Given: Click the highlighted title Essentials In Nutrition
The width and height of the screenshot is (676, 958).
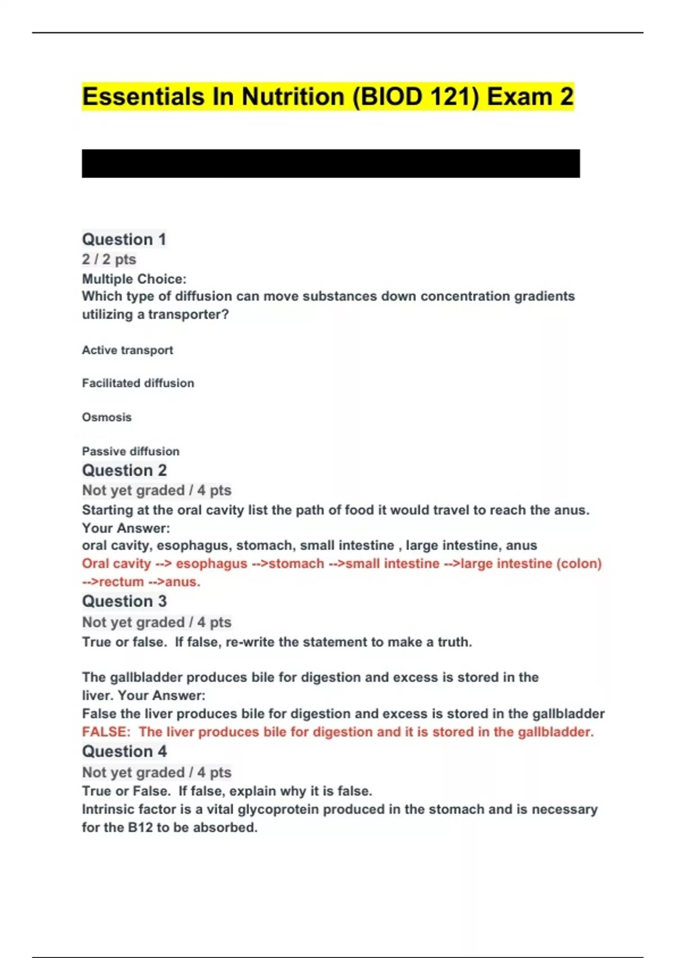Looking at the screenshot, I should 327,96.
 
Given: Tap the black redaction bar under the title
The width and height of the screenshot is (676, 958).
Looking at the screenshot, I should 331,163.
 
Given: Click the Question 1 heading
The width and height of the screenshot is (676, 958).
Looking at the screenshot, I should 124,239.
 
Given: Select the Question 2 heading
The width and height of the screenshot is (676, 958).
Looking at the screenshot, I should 124,471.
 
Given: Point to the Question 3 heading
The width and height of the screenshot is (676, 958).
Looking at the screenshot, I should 124,601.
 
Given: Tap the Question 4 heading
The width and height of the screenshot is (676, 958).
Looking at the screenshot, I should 124,751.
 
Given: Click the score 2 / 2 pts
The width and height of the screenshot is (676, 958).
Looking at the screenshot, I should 109,259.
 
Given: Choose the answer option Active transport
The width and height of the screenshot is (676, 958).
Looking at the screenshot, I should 127,350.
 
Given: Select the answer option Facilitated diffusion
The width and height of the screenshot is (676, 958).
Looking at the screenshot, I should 138,383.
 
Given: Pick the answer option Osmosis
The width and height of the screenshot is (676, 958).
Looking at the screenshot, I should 106,417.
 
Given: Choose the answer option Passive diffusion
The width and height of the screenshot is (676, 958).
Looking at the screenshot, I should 131,451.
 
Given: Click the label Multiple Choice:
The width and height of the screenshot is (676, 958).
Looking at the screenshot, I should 134,279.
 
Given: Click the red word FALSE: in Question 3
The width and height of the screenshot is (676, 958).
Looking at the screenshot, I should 106,732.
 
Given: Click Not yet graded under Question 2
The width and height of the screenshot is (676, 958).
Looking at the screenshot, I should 133,490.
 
